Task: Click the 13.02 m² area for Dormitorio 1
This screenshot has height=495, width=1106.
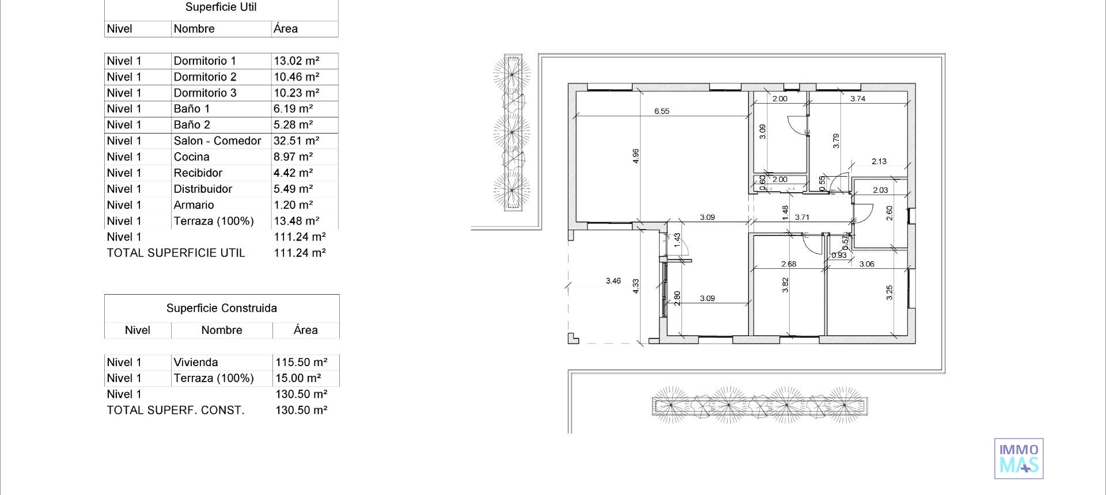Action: click(x=296, y=61)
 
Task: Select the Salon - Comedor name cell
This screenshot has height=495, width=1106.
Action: click(x=217, y=141)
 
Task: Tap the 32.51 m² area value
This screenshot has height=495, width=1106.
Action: click(x=296, y=141)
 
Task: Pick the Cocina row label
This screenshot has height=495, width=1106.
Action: click(x=191, y=157)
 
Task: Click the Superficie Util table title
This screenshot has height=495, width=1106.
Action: click(x=221, y=7)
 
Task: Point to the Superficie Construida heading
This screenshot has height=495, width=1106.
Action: click(x=221, y=309)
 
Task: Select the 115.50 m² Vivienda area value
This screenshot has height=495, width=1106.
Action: click(x=301, y=363)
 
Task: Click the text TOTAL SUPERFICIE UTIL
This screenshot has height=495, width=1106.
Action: click(x=176, y=253)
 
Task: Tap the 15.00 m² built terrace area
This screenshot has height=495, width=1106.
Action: click(x=298, y=379)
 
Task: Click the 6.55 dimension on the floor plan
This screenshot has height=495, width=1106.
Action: click(x=661, y=112)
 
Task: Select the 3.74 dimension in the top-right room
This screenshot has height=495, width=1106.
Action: click(x=858, y=99)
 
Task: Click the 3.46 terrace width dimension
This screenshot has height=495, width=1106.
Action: click(x=613, y=281)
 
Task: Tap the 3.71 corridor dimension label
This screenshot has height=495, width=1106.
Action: click(x=802, y=218)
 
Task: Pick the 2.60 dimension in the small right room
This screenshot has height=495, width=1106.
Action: click(x=889, y=213)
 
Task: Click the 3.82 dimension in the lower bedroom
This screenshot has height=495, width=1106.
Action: click(x=785, y=285)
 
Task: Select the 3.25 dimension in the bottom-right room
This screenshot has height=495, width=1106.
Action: click(x=889, y=292)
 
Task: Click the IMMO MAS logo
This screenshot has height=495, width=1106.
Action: click(x=1018, y=459)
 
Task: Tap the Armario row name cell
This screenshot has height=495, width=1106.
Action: click(x=194, y=205)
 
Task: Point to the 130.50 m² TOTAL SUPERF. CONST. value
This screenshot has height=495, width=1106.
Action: click(x=301, y=411)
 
